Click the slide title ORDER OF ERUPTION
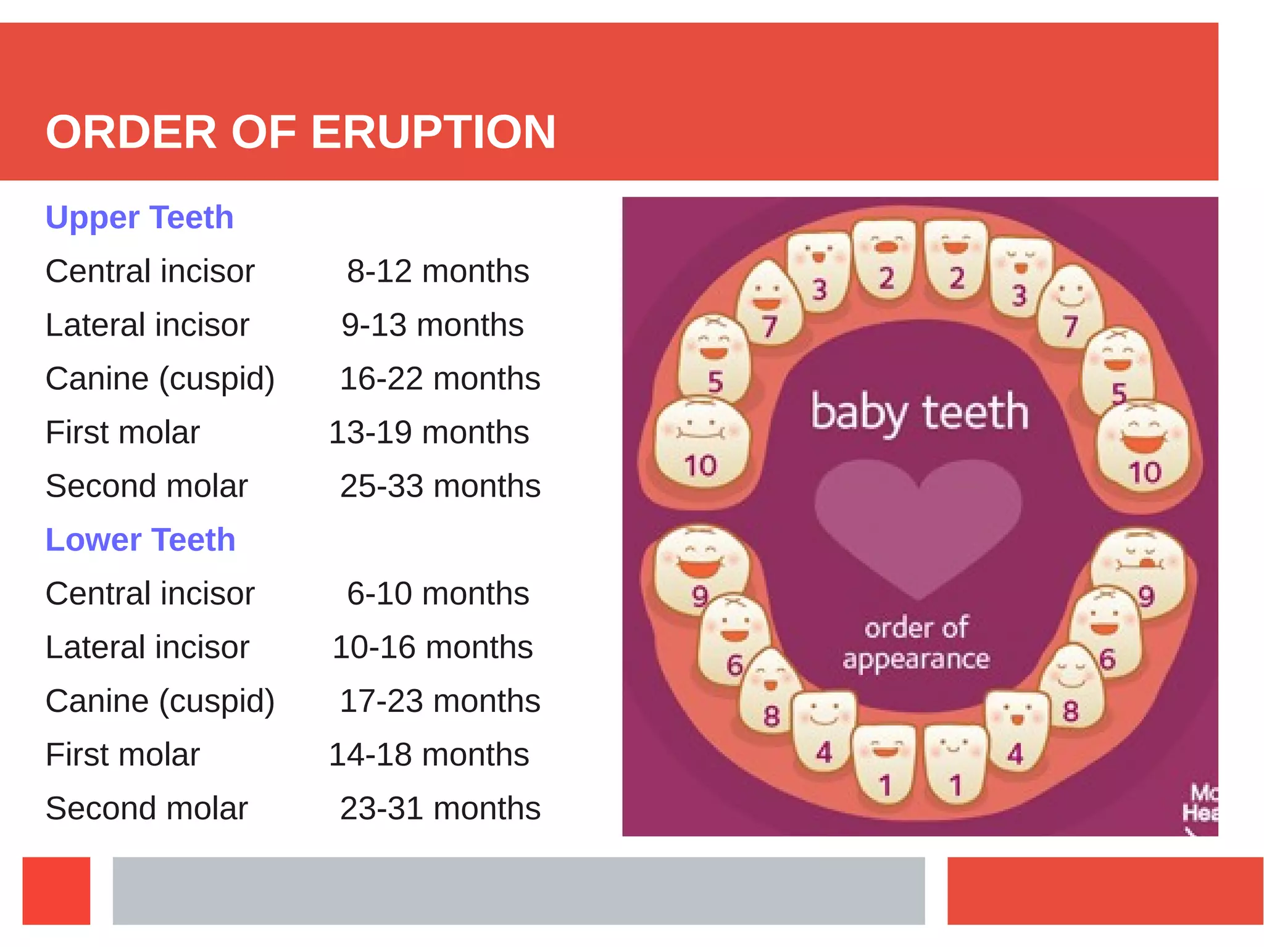301,132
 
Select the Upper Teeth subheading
139,217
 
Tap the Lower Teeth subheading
141,540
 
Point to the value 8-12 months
438,271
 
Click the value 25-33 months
440,486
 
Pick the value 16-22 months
440,378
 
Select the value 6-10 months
438,593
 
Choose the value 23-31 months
440,808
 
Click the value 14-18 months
429,755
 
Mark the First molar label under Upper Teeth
123,432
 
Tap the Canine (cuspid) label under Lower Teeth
160,701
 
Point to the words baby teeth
920,412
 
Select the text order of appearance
916,643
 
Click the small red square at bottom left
56,890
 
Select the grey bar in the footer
518,890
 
